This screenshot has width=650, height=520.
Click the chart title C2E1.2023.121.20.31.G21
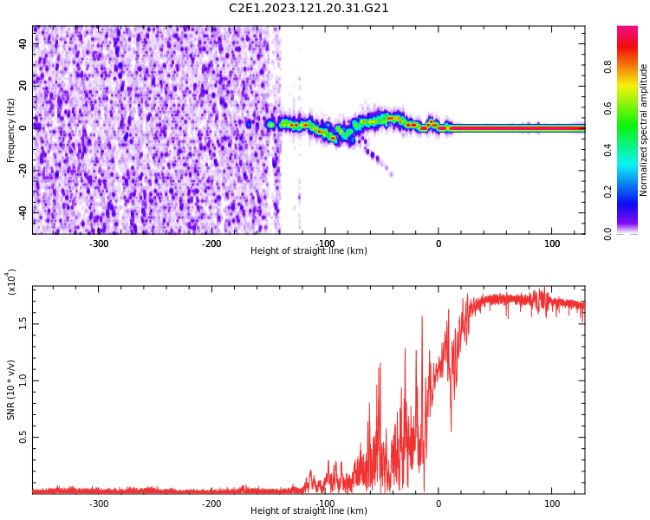coord(309,8)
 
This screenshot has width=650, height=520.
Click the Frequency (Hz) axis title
coord(11,130)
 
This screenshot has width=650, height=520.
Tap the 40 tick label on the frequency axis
coord(23,43)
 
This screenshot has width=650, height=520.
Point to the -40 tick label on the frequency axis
coord(22,211)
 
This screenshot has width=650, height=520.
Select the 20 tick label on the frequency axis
coord(23,85)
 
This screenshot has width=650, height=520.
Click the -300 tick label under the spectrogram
coord(98,244)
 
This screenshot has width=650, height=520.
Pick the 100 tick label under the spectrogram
coord(551,244)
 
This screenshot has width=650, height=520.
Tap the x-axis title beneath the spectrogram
coord(309,251)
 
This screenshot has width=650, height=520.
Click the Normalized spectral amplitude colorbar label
coord(644,130)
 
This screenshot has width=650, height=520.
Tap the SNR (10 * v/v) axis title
coord(11,390)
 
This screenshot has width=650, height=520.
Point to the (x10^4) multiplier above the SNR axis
coord(12,282)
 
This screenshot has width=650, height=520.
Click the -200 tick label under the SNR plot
coord(211,504)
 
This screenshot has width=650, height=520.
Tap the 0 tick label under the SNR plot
coord(438,504)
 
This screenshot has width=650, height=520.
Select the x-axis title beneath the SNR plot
coord(309,511)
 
